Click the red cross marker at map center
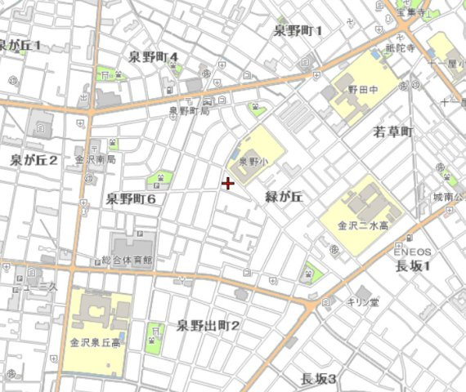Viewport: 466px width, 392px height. (x=227, y=183)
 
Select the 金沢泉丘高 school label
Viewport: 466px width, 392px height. (x=95, y=343)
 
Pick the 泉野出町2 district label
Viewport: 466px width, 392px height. (x=208, y=326)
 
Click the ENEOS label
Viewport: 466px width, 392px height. (x=412, y=252)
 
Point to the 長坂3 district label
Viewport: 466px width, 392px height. (x=319, y=378)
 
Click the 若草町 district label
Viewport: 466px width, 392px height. (x=394, y=131)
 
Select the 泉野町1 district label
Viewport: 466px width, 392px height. (x=298, y=31)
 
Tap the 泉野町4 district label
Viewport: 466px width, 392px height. (x=155, y=57)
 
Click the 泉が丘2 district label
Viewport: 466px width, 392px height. (x=34, y=159)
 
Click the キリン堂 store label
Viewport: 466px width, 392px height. (x=362, y=301)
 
